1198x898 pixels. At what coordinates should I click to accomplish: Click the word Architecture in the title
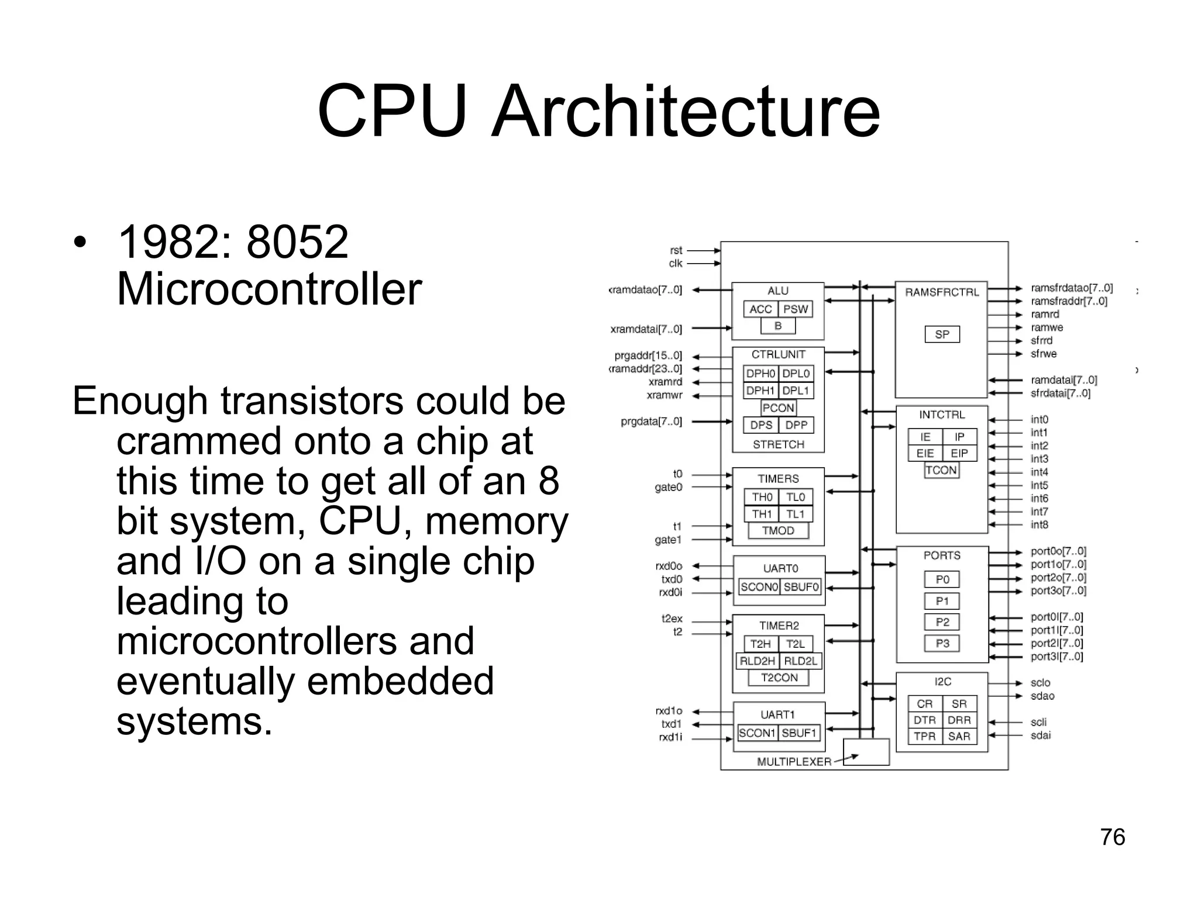(x=685, y=111)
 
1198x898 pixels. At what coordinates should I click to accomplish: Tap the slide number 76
(x=1112, y=837)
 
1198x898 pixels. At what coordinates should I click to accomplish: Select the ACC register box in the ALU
(x=760, y=309)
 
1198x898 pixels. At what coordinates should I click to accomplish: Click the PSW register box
(x=796, y=309)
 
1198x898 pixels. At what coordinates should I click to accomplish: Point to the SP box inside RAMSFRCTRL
(x=942, y=334)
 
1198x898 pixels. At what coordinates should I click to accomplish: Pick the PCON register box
(x=778, y=408)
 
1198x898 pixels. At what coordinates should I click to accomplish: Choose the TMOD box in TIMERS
(x=778, y=531)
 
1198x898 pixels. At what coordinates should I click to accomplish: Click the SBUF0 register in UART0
(x=801, y=587)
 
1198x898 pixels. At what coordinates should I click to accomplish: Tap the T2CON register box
(x=779, y=678)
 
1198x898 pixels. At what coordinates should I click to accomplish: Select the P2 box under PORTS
(x=942, y=622)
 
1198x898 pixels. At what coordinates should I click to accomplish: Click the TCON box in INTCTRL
(x=941, y=470)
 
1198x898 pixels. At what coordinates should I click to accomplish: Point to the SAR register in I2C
(x=959, y=737)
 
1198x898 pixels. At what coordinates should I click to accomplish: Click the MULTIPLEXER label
(x=794, y=762)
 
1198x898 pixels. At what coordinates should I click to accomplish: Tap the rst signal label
(x=676, y=250)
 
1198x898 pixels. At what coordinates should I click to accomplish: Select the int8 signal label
(x=1039, y=525)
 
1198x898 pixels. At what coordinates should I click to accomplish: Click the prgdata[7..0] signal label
(x=651, y=422)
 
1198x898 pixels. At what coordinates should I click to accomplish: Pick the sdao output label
(x=1042, y=696)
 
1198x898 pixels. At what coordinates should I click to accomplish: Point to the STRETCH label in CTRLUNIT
(x=779, y=444)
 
